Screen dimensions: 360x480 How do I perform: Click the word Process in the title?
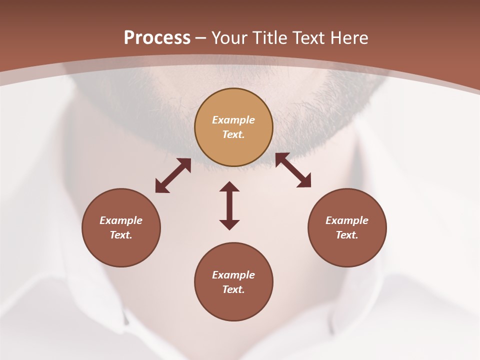tap(157, 38)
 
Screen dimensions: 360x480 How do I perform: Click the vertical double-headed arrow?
tap(229, 205)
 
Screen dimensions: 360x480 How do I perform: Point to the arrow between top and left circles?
tap(173, 175)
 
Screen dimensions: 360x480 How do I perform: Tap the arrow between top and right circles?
tap(293, 170)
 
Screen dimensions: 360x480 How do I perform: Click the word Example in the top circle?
tap(233, 120)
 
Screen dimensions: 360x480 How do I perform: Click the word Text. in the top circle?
tap(233, 134)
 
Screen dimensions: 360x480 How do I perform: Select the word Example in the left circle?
tap(121, 220)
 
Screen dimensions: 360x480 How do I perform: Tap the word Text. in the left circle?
tap(121, 235)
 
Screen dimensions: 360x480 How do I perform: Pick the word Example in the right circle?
tap(347, 220)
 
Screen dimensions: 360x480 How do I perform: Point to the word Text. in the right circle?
tap(347, 235)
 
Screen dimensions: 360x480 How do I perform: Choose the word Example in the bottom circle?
tap(233, 275)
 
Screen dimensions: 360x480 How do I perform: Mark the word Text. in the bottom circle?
tap(233, 289)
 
